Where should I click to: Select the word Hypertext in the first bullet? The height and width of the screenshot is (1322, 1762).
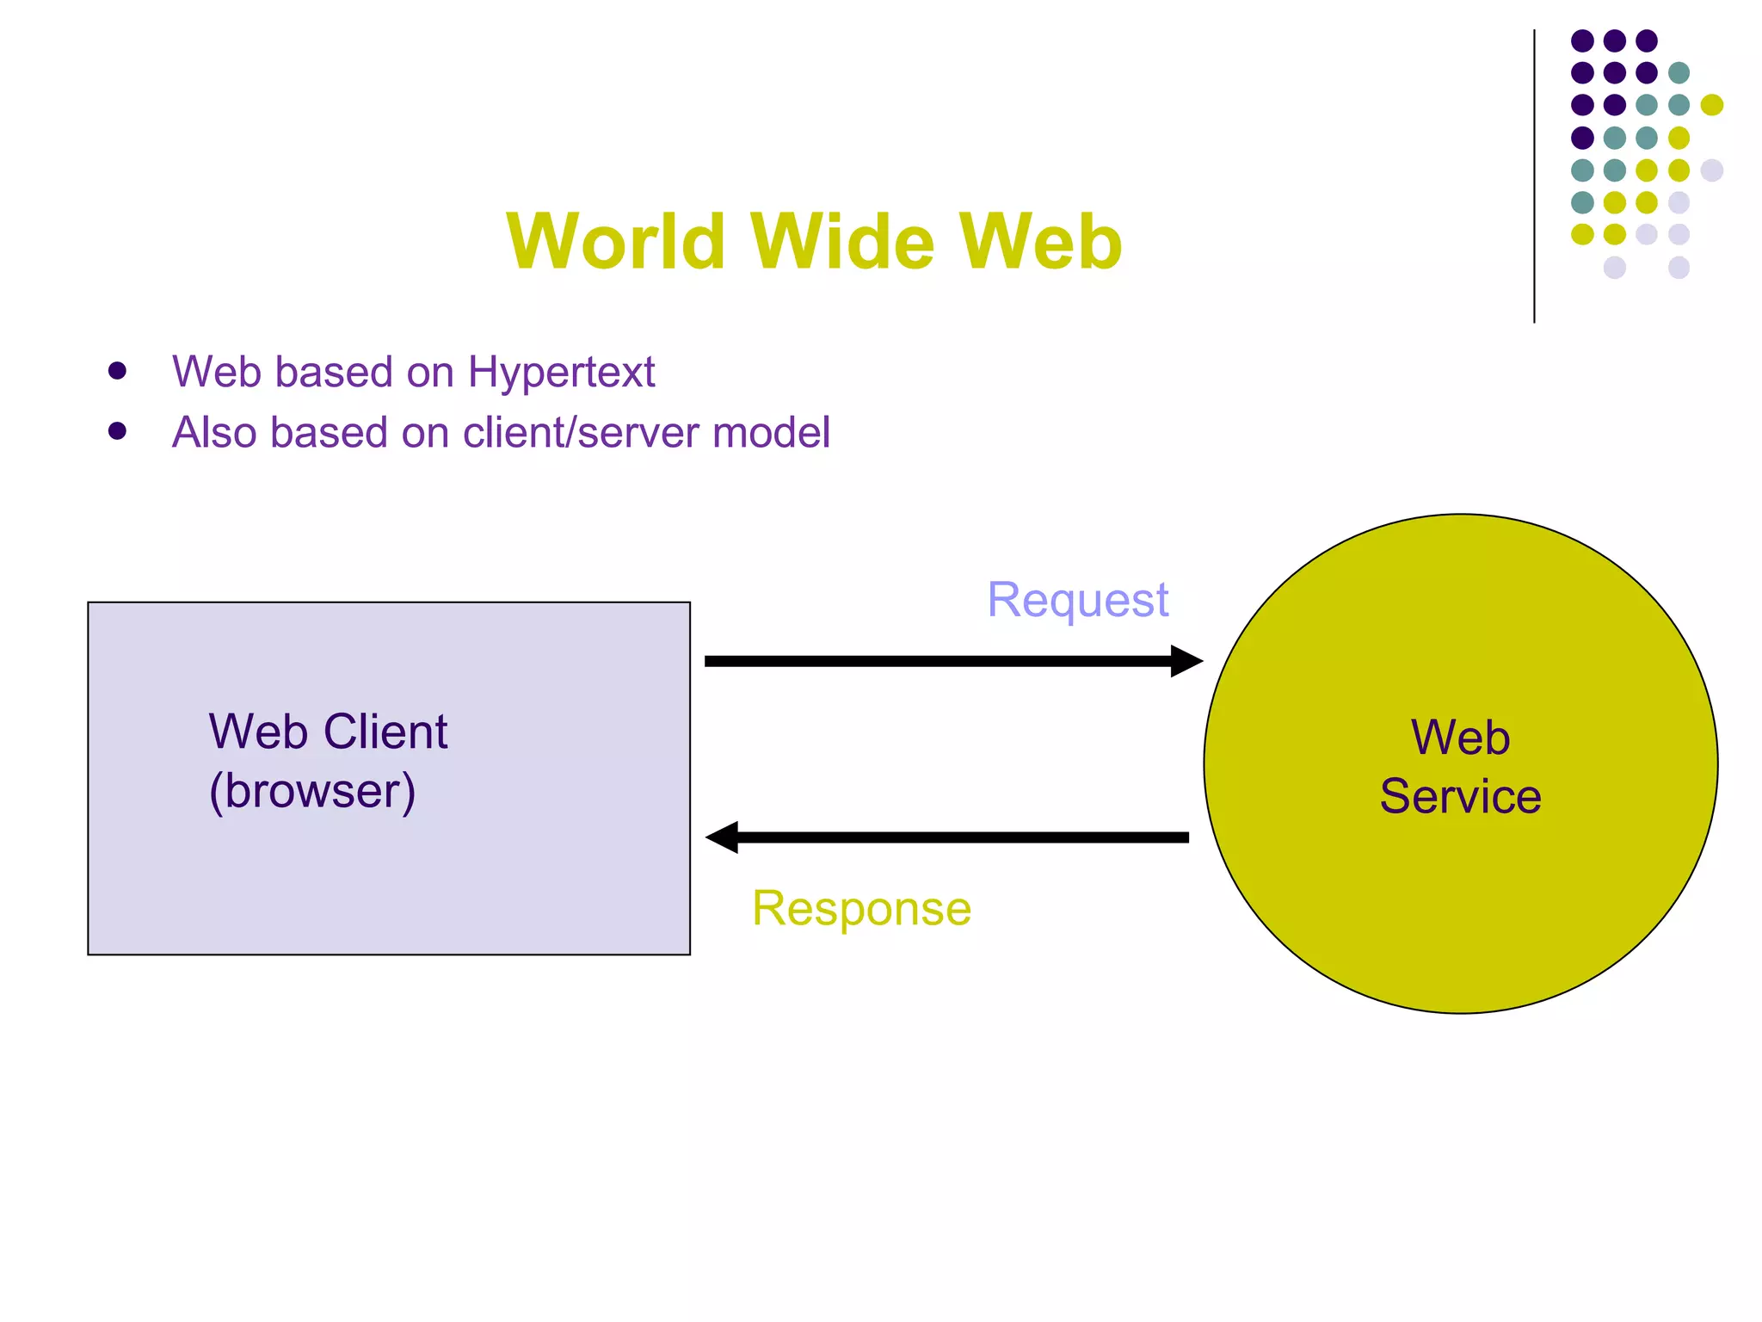(561, 373)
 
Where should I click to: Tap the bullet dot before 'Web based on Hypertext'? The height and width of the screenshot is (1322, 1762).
(118, 371)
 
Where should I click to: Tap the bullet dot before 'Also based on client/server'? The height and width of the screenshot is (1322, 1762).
(118, 430)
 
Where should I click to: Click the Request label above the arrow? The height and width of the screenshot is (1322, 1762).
(1077, 600)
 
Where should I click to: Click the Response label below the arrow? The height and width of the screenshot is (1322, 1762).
(861, 908)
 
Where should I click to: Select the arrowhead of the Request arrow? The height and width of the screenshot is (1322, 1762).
(1186, 661)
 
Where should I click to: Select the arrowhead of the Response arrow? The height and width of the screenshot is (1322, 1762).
(723, 837)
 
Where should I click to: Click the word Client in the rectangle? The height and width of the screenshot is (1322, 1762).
(385, 732)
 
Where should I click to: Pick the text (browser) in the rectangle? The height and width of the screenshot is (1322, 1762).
(312, 791)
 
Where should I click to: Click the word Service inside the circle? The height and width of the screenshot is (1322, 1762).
(1460, 796)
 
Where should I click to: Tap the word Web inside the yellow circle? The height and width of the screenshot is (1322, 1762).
(1460, 738)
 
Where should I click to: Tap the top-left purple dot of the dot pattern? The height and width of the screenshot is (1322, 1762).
(1582, 40)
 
